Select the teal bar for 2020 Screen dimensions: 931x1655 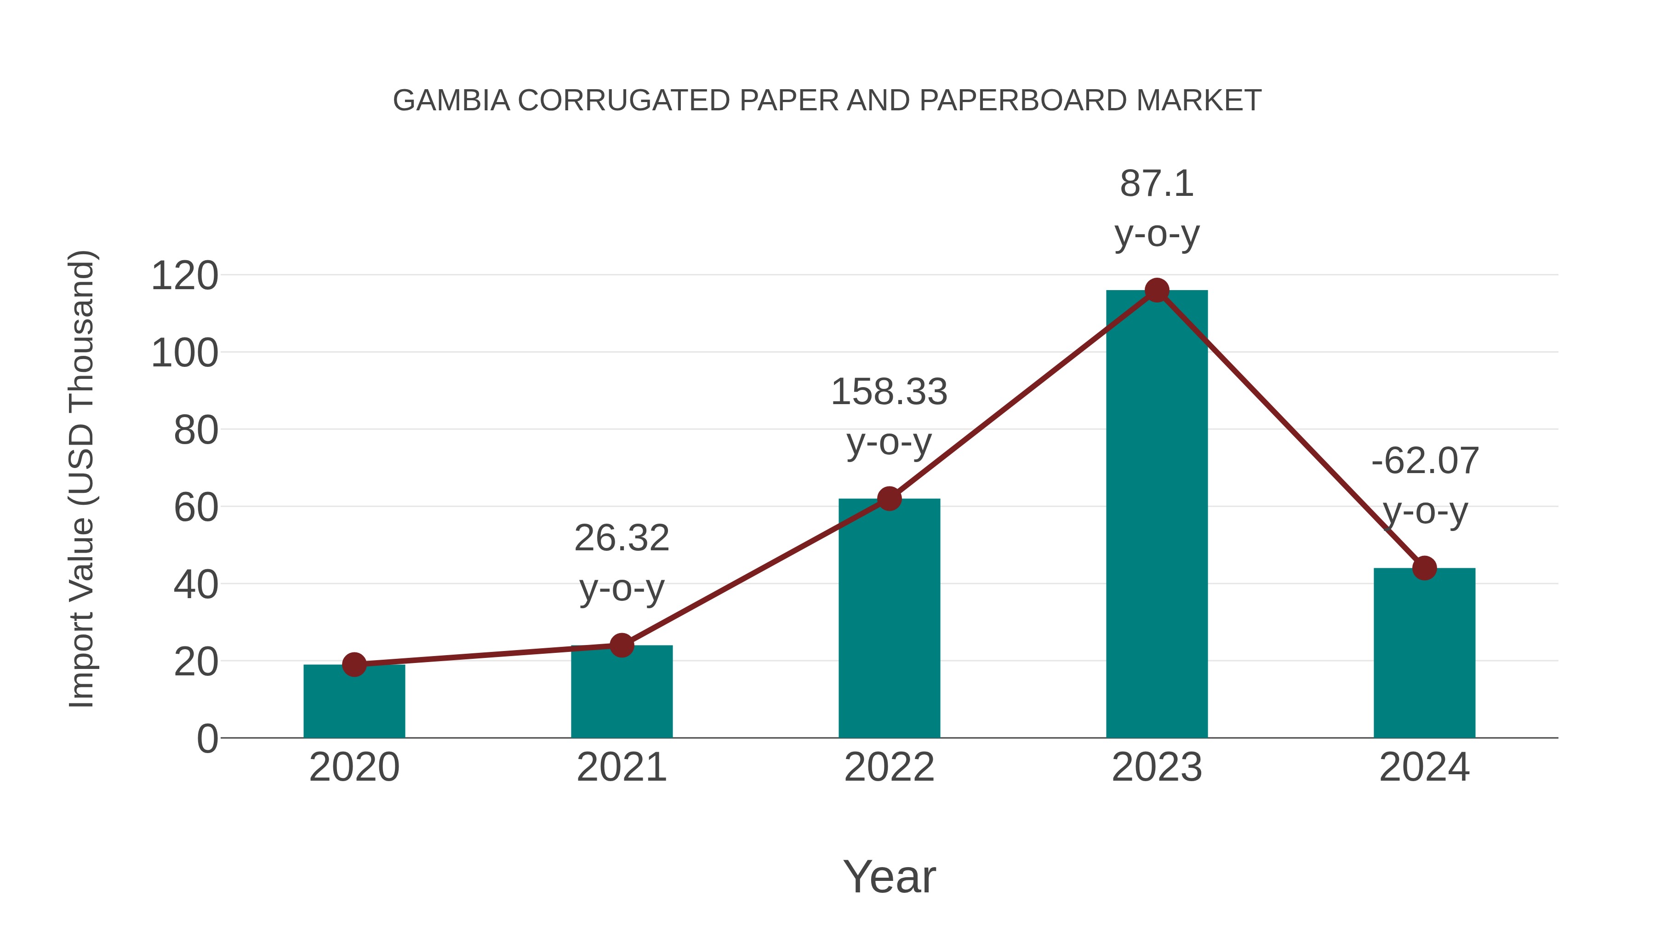click(x=354, y=703)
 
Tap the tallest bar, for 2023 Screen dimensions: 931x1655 click(x=1157, y=514)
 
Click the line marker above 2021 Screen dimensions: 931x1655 click(x=622, y=645)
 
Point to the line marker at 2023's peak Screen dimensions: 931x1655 click(x=1157, y=291)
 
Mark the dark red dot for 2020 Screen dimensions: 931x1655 click(x=354, y=664)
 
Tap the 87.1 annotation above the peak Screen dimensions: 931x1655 click(x=1157, y=184)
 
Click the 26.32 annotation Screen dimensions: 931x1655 click(x=622, y=538)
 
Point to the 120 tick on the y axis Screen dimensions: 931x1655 click(x=184, y=276)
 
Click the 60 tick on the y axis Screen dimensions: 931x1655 click(x=195, y=508)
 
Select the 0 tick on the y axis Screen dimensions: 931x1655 click(x=207, y=739)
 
